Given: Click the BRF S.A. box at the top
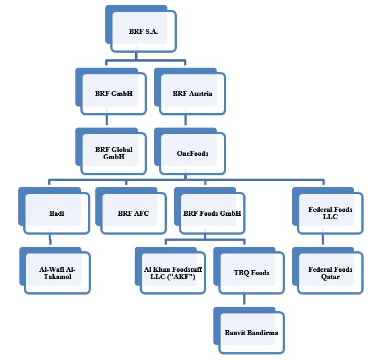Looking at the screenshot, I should [x=144, y=32].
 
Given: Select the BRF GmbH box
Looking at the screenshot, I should [x=114, y=93].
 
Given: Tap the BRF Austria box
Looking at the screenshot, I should [x=192, y=93].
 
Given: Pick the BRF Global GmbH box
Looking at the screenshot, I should [x=114, y=153].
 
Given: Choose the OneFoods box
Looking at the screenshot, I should [x=192, y=153].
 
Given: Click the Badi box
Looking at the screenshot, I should [x=57, y=213].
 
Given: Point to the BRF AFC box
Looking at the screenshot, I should [x=133, y=213].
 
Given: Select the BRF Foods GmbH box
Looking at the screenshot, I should [x=212, y=213].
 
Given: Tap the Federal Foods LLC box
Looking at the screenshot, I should [x=330, y=213].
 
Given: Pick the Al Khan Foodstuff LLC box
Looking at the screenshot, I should [x=173, y=273].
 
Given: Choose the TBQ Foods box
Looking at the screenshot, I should [x=251, y=273].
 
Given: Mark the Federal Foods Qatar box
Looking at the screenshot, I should [x=330, y=273].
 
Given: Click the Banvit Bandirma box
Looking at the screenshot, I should [x=251, y=333].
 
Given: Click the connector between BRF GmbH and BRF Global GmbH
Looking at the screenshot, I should [x=107, y=121].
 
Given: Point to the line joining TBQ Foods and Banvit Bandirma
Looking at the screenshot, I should [x=244, y=302].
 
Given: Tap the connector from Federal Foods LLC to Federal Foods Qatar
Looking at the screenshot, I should [x=324, y=241].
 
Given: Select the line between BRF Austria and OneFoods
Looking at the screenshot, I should [x=186, y=121].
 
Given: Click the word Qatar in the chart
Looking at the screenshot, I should [x=330, y=277].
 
